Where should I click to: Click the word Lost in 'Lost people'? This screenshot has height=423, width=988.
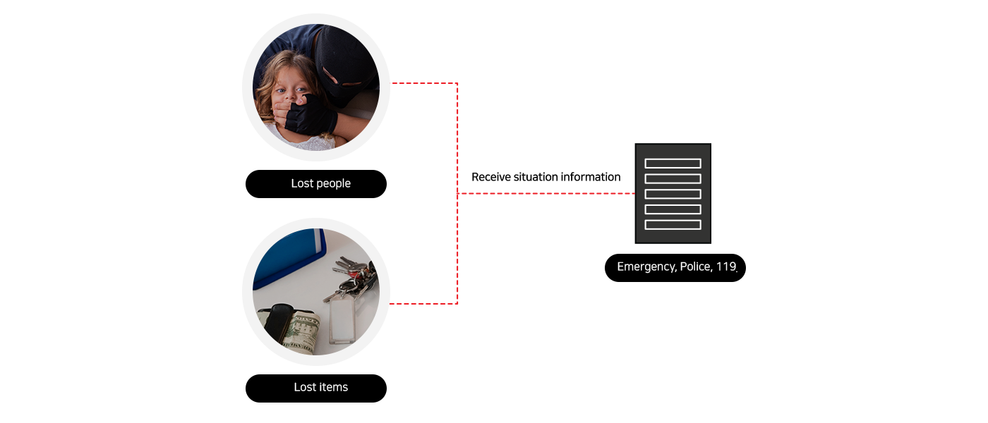pyautogui.click(x=301, y=183)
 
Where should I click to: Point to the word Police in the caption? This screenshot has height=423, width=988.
pyautogui.click(x=695, y=267)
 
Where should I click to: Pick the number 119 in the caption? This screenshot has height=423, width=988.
pyautogui.click(x=726, y=267)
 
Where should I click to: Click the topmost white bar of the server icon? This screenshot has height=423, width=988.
pyautogui.click(x=673, y=164)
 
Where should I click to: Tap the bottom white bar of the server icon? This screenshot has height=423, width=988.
pyautogui.click(x=673, y=225)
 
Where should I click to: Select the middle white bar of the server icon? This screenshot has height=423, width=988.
pyautogui.click(x=673, y=194)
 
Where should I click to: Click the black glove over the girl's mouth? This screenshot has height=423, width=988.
pyautogui.click(x=309, y=115)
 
